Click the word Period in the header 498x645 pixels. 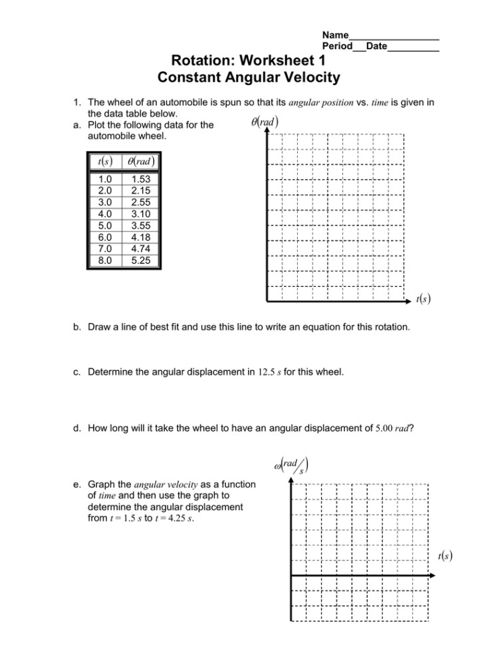click(x=337, y=46)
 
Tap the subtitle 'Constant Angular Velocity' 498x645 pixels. click(x=249, y=78)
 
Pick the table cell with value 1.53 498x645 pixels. click(x=140, y=180)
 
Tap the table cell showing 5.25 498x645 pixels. click(x=140, y=260)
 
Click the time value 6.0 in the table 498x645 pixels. click(x=105, y=237)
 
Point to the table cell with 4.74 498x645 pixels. click(x=140, y=249)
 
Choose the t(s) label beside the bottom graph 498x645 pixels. click(x=446, y=557)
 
